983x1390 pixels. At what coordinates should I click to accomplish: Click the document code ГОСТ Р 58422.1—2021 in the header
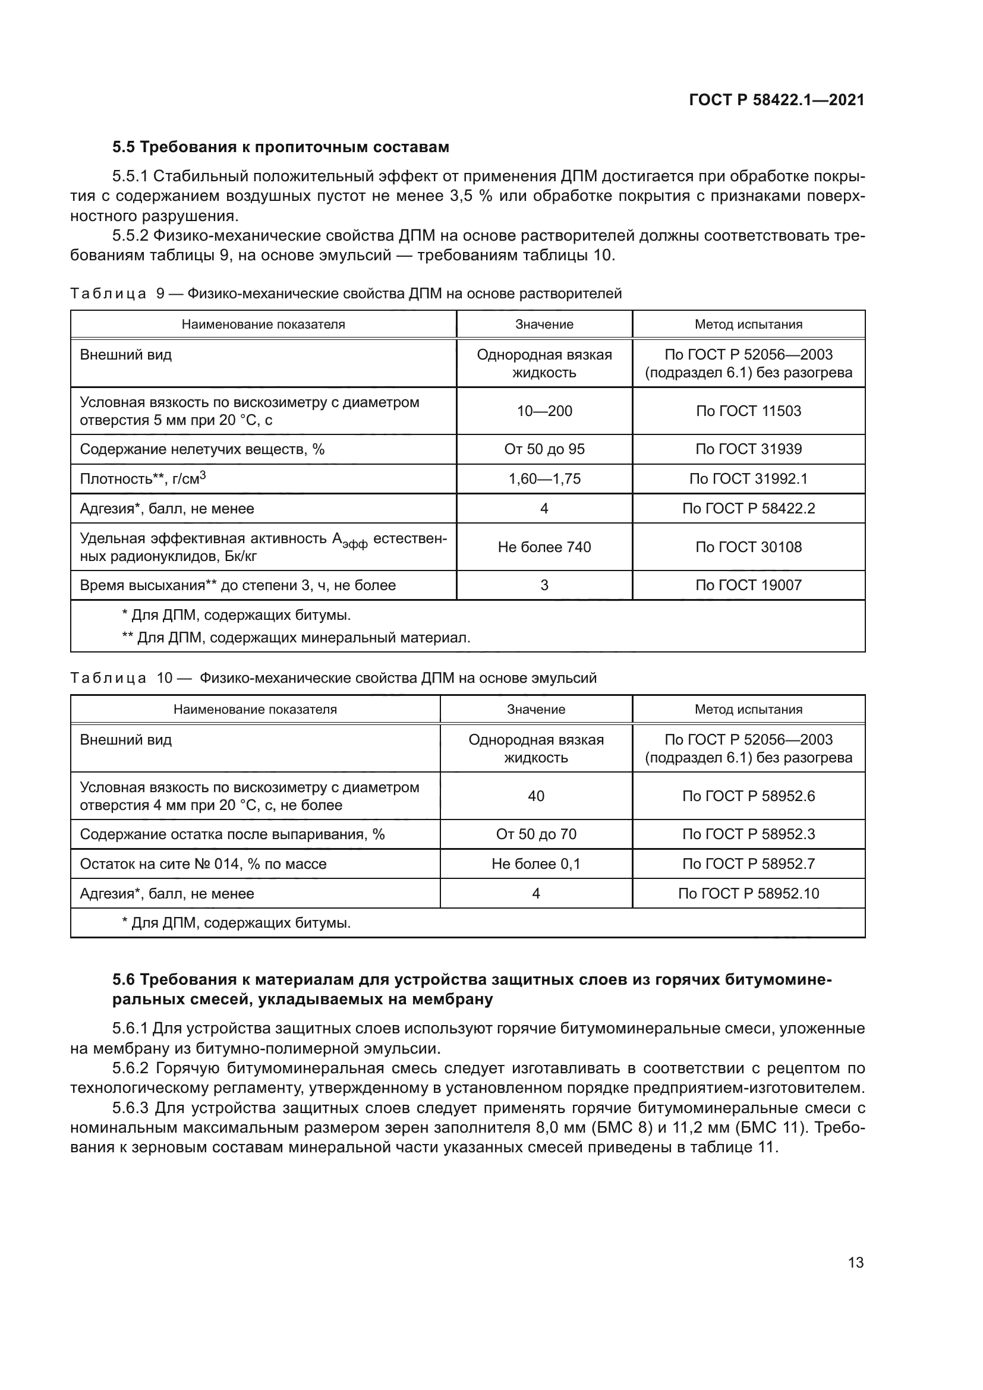click(x=777, y=100)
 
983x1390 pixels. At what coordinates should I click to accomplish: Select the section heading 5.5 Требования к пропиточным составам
click(x=281, y=147)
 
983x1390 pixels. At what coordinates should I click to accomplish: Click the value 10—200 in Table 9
click(x=544, y=411)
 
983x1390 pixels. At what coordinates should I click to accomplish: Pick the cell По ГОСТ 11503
click(x=748, y=411)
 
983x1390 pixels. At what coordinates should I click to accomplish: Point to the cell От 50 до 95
click(x=544, y=449)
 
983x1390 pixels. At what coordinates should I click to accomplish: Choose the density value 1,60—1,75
click(x=544, y=479)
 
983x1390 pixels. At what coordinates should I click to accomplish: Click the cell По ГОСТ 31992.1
click(x=748, y=479)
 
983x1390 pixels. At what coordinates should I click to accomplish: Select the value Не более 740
click(x=544, y=547)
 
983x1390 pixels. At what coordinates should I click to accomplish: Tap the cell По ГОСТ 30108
click(x=748, y=547)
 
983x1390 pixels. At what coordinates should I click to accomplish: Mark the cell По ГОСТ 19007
click(x=748, y=585)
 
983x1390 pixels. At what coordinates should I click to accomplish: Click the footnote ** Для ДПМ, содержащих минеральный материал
click(x=296, y=638)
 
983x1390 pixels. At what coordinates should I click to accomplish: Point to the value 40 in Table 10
click(x=535, y=796)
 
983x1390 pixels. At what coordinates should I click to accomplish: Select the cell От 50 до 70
click(x=535, y=834)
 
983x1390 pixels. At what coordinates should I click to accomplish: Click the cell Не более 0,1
click(x=535, y=864)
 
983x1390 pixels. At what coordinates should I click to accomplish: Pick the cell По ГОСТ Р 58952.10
click(x=748, y=894)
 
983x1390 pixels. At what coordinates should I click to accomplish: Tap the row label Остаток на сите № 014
click(x=203, y=864)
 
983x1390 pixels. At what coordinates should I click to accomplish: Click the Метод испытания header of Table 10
click(x=748, y=710)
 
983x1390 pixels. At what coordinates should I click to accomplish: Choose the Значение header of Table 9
click(x=544, y=324)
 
